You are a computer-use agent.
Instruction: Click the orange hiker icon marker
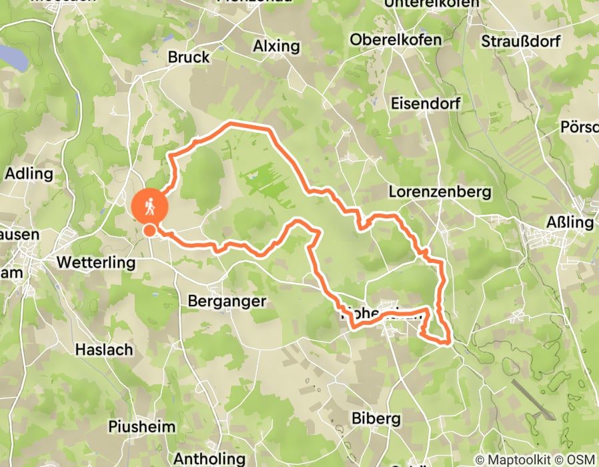point(149,206)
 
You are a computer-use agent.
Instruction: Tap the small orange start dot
point(150,230)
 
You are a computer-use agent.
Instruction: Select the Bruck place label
point(189,57)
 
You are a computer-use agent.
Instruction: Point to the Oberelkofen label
point(396,39)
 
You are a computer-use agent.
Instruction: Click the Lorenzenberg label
point(440,192)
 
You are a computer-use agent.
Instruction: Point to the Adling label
point(29,173)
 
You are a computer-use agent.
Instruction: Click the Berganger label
point(227,301)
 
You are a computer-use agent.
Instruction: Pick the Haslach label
point(103,349)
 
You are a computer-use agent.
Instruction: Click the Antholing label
point(209,458)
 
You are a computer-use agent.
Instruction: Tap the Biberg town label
point(376,418)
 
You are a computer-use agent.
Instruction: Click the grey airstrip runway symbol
point(534,400)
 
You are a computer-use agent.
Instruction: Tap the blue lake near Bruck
point(13,57)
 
